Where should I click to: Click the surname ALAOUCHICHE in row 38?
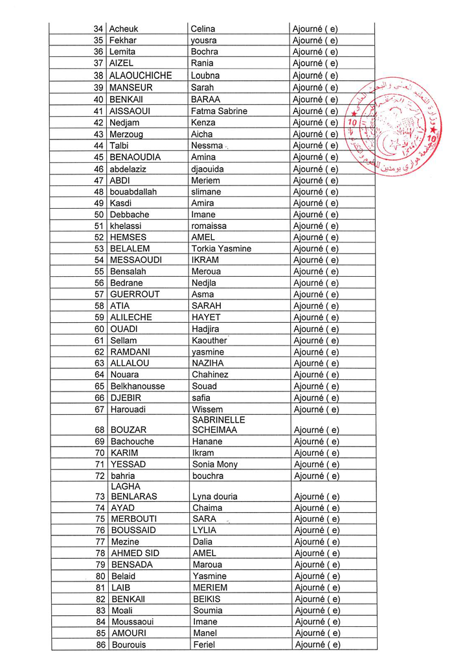coord(141,75)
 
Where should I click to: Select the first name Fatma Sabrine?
coord(219,111)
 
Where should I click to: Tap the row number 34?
coord(98,29)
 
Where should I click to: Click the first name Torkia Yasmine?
coord(221,249)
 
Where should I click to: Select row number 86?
coord(100,645)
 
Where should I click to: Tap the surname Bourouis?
coord(129,645)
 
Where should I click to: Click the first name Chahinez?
coord(210,375)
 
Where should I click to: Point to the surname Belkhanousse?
coord(137,386)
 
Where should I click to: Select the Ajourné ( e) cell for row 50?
coord(315,215)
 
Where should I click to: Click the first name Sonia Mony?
coord(215,464)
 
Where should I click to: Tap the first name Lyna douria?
coord(215,497)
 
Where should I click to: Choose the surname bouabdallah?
coord(133,192)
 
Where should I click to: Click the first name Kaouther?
coord(209,340)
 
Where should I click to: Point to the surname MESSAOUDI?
coord(136,260)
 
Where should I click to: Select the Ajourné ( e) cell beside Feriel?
coord(317,645)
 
